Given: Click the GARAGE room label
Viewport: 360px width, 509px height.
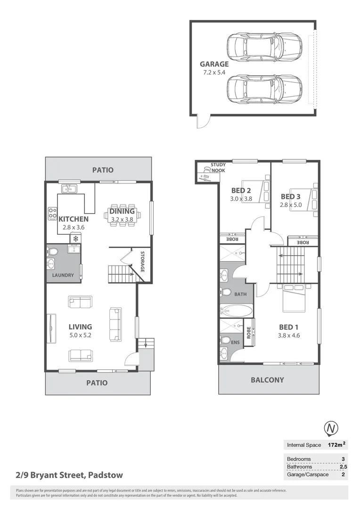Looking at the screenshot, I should [x=214, y=64].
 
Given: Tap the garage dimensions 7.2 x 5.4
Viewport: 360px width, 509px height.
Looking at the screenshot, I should [x=214, y=73].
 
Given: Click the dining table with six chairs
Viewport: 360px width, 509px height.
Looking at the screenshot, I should [x=122, y=215].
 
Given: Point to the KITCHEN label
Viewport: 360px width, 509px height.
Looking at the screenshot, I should [x=73, y=219].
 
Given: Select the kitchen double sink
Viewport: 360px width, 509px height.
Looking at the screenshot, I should [x=69, y=189].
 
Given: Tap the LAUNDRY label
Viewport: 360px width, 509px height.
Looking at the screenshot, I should [x=63, y=275].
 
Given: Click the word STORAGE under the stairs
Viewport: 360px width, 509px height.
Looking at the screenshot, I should [x=142, y=262].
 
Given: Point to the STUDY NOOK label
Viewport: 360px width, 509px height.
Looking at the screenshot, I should [x=218, y=167].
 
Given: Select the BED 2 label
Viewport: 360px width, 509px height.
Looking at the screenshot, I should [x=241, y=190].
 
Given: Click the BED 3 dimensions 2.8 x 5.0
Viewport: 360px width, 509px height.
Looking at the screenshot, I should [x=291, y=205].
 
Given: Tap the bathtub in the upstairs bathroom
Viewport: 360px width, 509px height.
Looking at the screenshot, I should [x=236, y=311].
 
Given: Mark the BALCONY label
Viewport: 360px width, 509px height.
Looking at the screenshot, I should [x=267, y=379].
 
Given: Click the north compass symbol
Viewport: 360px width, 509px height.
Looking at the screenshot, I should [x=331, y=428].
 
